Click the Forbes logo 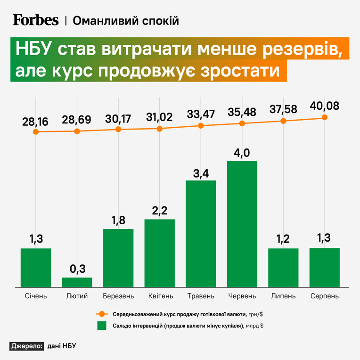point(36,20)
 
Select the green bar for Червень point(242,224)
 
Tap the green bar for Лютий point(77,282)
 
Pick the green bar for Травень point(201,234)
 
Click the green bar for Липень point(283,268)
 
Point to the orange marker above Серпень point(324,117)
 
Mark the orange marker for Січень point(36,132)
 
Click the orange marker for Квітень point(160,129)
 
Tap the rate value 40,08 point(324,106)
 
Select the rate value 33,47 point(201,115)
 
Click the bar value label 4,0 point(242,153)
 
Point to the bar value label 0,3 point(78,269)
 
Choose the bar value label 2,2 point(160,211)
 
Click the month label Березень point(118,296)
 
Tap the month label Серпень point(324,296)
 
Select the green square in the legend point(102,326)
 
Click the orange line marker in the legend point(102,314)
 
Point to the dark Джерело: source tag point(27,346)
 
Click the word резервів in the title point(303,49)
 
